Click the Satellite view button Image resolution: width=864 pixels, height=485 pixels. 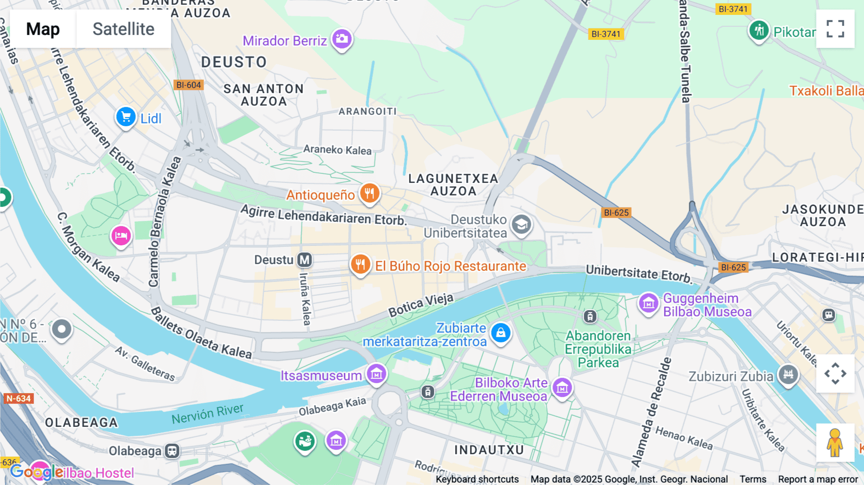click(123, 29)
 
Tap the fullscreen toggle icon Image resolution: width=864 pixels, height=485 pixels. click(835, 29)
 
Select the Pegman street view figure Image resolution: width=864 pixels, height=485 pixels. click(835, 442)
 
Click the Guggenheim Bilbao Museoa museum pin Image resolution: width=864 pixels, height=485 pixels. click(648, 303)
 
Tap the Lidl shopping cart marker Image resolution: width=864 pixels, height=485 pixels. click(126, 117)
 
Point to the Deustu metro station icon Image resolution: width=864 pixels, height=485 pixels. click(304, 260)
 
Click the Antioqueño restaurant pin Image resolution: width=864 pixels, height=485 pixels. click(369, 194)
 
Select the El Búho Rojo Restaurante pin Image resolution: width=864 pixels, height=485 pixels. click(360, 264)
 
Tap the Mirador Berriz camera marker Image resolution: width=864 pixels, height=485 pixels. click(342, 39)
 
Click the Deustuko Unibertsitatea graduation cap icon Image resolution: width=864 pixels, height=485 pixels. click(521, 224)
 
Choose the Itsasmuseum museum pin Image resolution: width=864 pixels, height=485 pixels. click(376, 374)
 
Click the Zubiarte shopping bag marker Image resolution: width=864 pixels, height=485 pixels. click(501, 332)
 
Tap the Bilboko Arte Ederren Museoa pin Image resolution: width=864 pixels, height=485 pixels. click(562, 387)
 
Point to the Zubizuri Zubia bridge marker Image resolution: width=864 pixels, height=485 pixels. click(788, 374)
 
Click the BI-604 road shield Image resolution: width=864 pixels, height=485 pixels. click(189, 85)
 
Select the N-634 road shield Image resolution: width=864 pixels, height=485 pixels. click(18, 398)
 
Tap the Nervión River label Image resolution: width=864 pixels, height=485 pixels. click(207, 413)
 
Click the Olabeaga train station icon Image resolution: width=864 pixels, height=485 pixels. click(172, 451)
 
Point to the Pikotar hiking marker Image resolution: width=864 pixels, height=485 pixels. click(759, 31)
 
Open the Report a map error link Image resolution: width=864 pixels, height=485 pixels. click(818, 479)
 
